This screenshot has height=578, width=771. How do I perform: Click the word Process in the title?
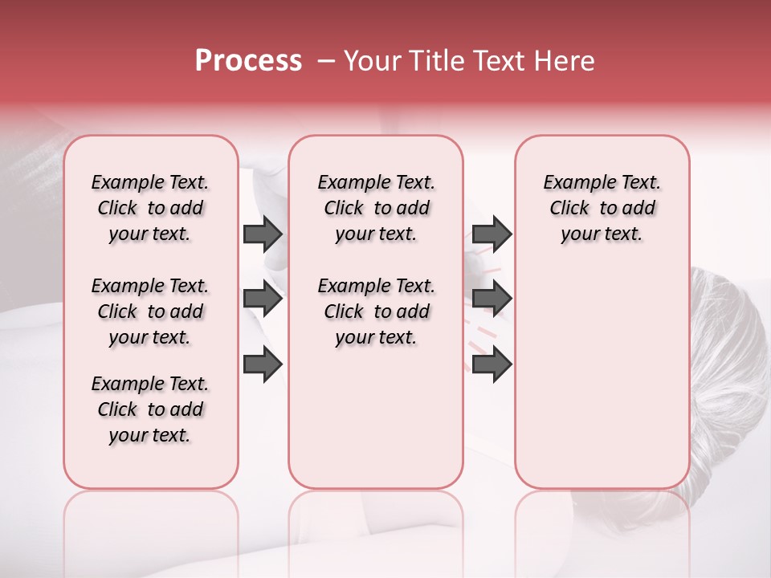point(248,61)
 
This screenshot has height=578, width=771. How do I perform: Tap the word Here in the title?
point(565,61)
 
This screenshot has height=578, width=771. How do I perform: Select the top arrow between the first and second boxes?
point(263,234)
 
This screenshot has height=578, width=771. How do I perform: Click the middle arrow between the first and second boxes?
point(263,299)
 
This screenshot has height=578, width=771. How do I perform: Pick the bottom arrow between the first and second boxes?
point(263,364)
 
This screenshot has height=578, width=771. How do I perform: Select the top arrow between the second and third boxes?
point(492,234)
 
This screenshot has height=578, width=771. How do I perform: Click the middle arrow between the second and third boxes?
point(492,299)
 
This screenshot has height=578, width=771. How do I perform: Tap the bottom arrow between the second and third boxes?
point(492,364)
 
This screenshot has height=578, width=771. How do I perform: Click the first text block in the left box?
point(150,208)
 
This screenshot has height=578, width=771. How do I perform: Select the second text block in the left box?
point(150,311)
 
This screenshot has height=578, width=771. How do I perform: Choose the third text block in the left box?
point(150,409)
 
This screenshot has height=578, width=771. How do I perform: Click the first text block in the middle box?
point(376,208)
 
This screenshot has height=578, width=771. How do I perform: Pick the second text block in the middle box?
point(376,311)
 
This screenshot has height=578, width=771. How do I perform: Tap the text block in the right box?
point(602,208)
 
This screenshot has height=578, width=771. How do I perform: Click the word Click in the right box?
point(569,209)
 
